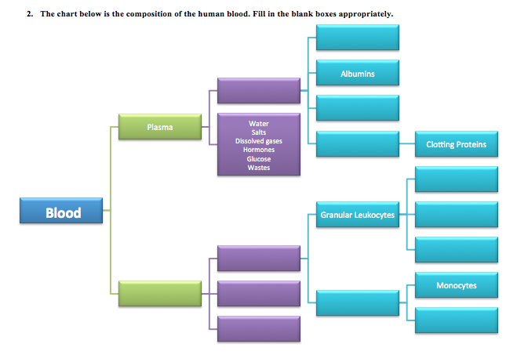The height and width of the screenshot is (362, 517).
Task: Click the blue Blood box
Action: point(62,212)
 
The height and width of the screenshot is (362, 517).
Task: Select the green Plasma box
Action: point(159,126)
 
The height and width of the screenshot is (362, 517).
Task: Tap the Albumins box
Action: point(358,73)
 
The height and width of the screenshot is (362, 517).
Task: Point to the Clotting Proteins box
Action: point(456,144)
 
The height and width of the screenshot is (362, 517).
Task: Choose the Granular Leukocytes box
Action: point(358,215)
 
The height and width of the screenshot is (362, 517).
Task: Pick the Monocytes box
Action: point(456,285)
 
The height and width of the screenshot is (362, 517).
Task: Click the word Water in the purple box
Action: point(258,124)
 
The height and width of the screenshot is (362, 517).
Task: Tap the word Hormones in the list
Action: point(258,150)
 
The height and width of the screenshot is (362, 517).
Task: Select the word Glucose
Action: point(258,158)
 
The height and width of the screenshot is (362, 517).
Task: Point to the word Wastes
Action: point(258,167)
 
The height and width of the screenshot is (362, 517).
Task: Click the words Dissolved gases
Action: point(258,141)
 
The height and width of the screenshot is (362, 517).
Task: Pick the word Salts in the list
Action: point(258,132)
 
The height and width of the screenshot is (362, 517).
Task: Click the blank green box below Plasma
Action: point(159,293)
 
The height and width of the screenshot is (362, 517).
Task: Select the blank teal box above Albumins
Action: point(358,37)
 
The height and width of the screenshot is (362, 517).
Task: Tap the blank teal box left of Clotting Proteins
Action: point(358,144)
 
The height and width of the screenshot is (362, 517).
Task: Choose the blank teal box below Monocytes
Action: point(456,320)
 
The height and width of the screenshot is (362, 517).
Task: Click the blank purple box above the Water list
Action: point(258,90)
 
